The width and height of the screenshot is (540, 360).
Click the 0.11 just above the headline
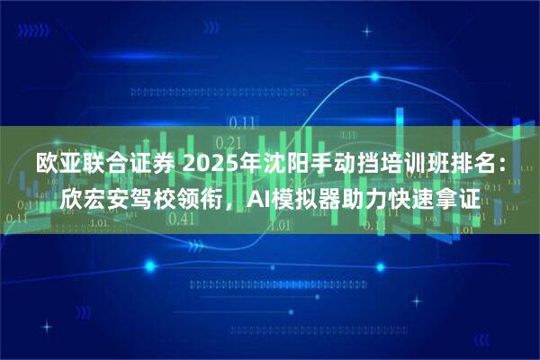[239, 122]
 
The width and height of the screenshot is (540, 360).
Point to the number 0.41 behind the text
[181, 218]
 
